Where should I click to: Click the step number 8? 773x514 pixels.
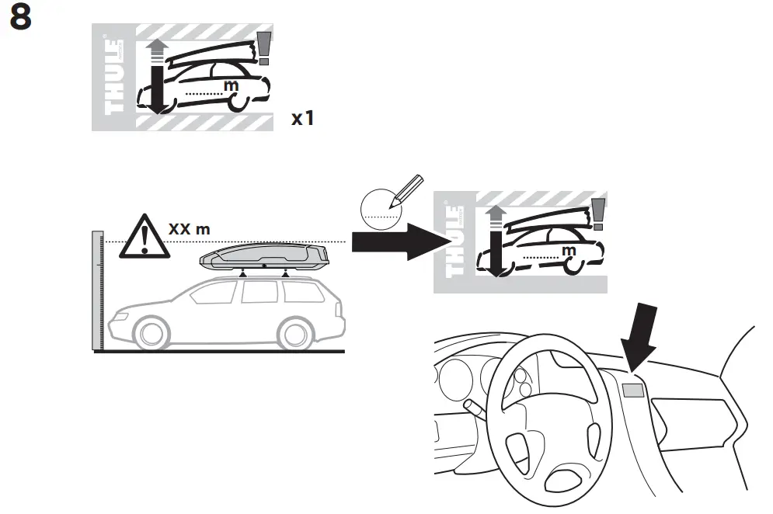tap(20, 19)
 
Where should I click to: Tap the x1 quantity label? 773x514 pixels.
tap(303, 119)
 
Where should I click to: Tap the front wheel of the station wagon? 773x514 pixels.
tap(152, 333)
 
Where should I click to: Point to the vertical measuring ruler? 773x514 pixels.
tap(96, 291)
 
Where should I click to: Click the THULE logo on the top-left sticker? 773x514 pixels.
tap(112, 76)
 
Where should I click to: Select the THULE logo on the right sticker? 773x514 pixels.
tap(453, 242)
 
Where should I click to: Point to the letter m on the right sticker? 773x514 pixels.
tap(567, 250)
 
